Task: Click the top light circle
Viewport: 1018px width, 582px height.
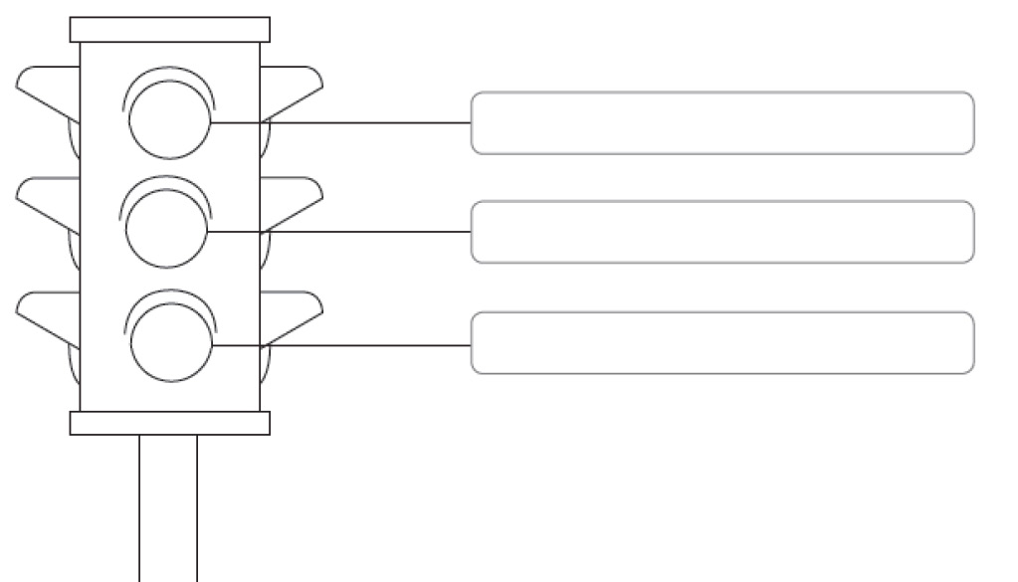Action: click(169, 119)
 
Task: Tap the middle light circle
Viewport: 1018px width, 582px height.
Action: click(166, 228)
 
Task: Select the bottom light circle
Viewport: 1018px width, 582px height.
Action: click(171, 342)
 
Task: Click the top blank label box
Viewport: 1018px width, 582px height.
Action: click(721, 123)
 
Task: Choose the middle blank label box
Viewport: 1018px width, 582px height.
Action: click(721, 232)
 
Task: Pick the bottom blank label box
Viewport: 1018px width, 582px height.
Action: click(721, 343)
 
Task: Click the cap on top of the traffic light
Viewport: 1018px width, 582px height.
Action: click(169, 29)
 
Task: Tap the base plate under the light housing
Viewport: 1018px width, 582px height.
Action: click(169, 424)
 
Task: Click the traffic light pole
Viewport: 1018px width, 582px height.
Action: click(168, 507)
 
